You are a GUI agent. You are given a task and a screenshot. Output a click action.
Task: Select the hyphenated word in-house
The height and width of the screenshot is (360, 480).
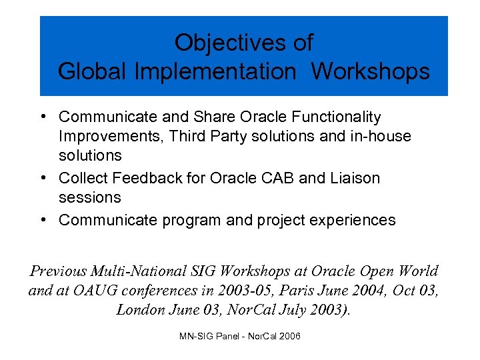coord(379,136)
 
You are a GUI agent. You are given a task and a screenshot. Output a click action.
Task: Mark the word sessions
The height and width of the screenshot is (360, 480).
coord(90,197)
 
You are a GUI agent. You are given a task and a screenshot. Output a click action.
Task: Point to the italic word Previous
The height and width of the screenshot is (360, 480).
coord(59,271)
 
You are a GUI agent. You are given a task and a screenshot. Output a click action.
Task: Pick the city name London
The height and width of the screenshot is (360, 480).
coord(142,310)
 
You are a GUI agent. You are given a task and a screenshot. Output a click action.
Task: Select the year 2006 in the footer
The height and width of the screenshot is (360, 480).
coord(289,336)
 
